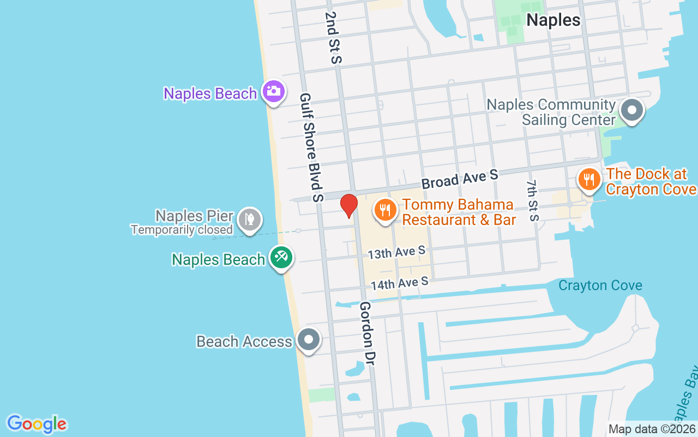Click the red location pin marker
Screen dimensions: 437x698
click(349, 205)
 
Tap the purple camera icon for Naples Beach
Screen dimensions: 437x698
click(273, 91)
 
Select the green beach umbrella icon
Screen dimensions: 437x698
click(281, 257)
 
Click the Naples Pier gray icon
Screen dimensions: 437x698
click(250, 220)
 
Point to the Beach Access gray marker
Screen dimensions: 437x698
click(309, 339)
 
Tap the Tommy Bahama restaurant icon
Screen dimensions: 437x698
click(385, 209)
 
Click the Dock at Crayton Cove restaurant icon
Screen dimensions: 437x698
click(589, 179)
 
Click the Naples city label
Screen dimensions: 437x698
click(553, 20)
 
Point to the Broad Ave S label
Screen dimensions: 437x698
click(460, 179)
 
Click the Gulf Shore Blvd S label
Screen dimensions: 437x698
click(311, 147)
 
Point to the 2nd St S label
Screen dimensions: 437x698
click(332, 38)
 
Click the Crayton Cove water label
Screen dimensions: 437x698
click(600, 286)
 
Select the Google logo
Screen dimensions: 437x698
click(37, 424)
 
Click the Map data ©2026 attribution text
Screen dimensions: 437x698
click(652, 429)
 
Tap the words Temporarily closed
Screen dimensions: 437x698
click(182, 230)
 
